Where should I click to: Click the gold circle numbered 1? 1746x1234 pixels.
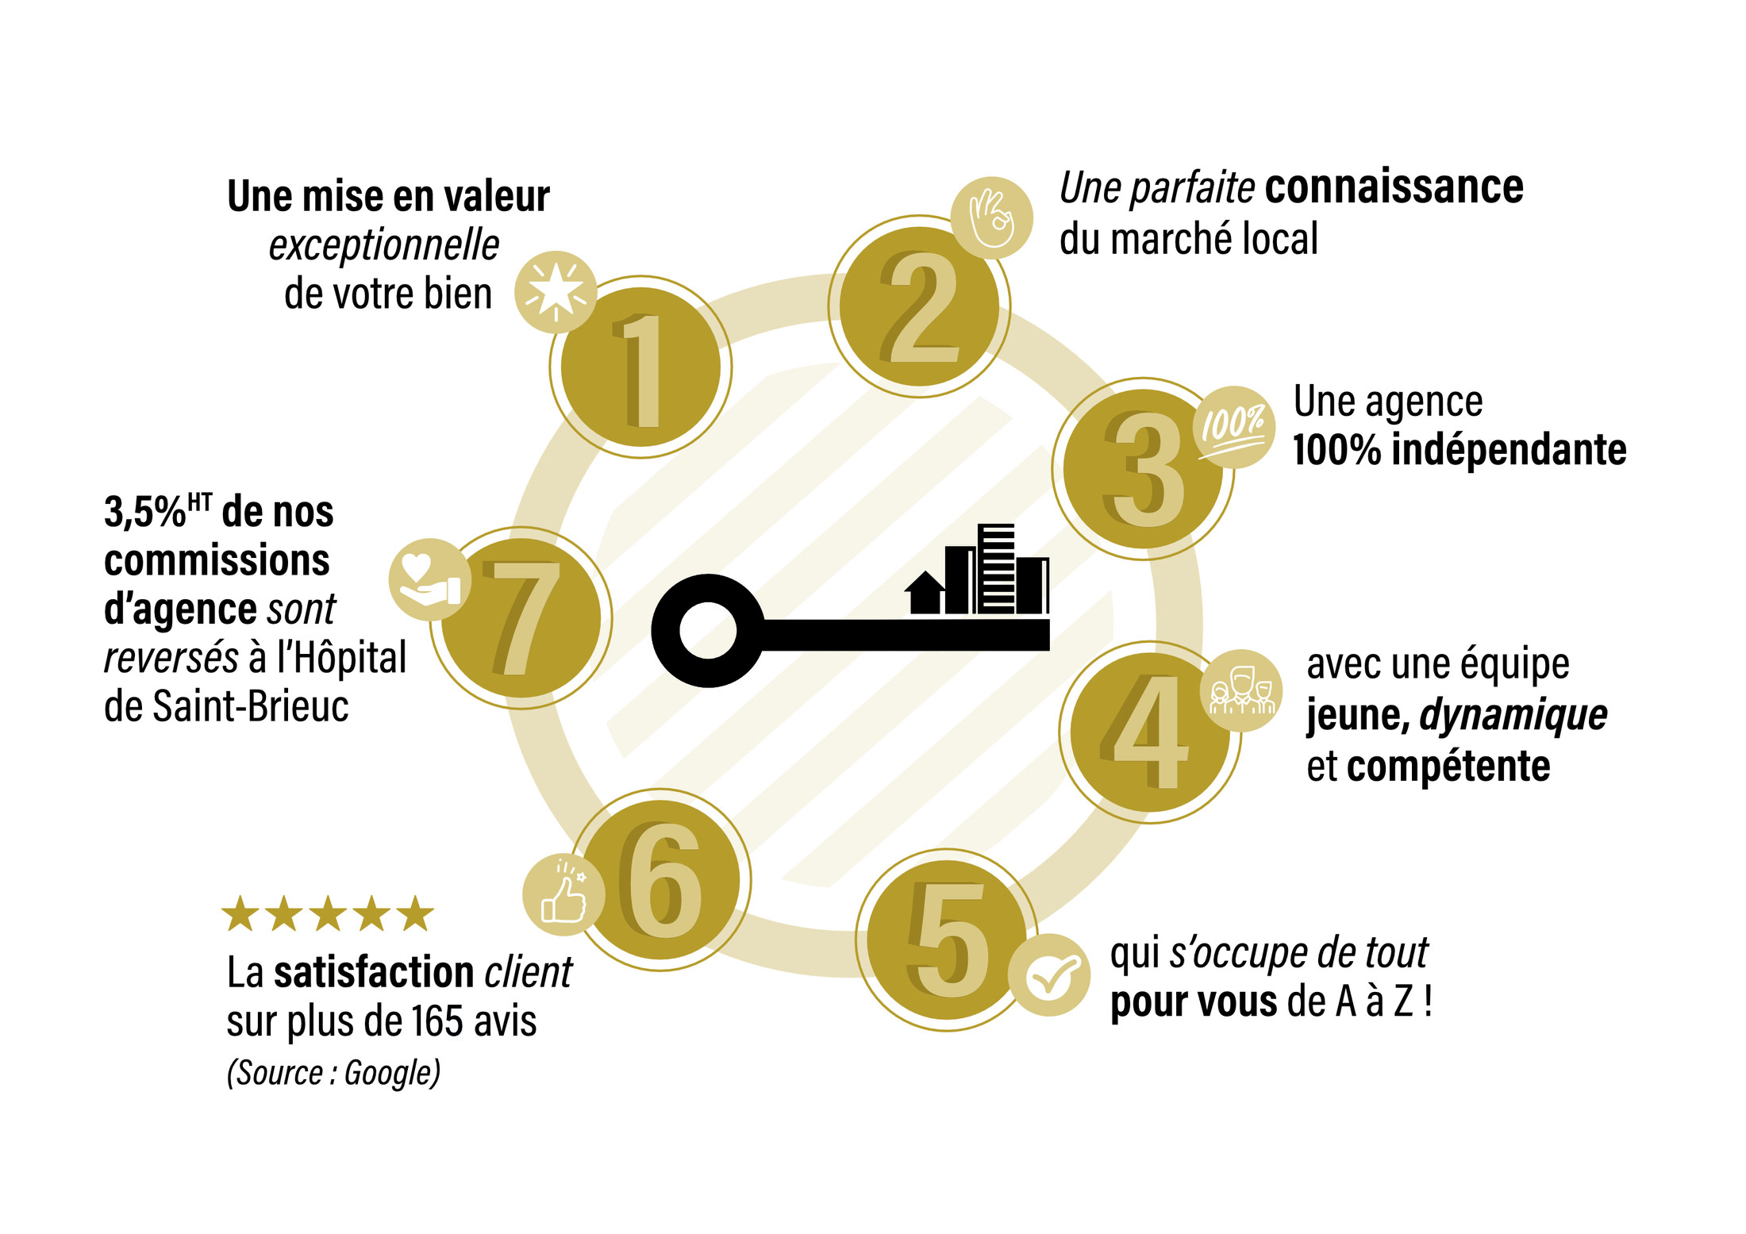click(640, 367)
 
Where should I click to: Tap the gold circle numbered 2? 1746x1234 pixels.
click(919, 306)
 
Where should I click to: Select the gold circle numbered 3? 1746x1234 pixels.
click(1143, 469)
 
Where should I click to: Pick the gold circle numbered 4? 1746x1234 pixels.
click(1150, 732)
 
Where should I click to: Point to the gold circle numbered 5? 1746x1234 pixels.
click(947, 940)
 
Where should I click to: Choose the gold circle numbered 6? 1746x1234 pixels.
click(660, 880)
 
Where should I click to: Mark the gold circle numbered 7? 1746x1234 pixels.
click(521, 618)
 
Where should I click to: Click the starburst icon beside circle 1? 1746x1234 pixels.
click(556, 292)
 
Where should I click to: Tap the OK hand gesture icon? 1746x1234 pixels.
click(992, 217)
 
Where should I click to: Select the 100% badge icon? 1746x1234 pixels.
click(1234, 427)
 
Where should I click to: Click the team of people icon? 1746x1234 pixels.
click(1241, 690)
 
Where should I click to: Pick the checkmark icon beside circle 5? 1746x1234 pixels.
click(1049, 975)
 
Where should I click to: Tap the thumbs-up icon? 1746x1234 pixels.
click(563, 895)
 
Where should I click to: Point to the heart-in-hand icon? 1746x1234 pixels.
click(429, 579)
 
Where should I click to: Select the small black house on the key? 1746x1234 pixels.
click(925, 593)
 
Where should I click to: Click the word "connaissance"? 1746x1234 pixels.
click(1394, 187)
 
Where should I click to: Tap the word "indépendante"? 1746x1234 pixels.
click(1509, 450)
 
